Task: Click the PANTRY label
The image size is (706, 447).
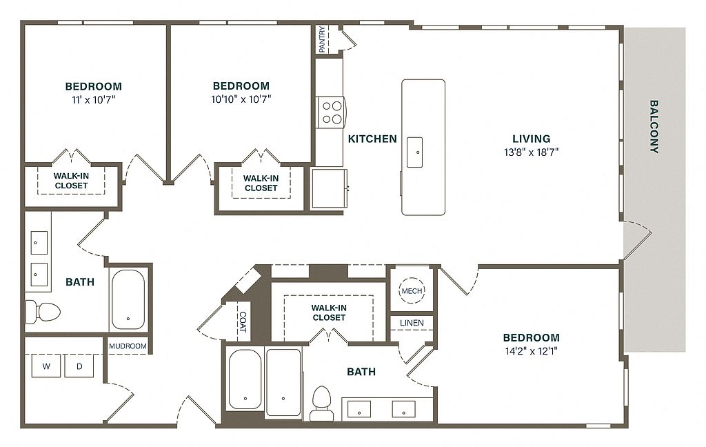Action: pyautogui.click(x=322, y=39)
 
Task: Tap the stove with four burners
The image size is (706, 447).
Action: pyautogui.click(x=331, y=112)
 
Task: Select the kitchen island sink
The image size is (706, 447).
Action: pyautogui.click(x=414, y=152)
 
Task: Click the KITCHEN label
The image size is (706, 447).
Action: pyautogui.click(x=372, y=139)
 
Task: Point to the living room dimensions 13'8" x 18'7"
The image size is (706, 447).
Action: pyautogui.click(x=532, y=152)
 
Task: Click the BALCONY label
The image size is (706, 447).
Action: pyautogui.click(x=654, y=127)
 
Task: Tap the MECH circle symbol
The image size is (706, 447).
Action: pyautogui.click(x=412, y=290)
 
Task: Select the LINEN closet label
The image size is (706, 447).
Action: pyautogui.click(x=412, y=323)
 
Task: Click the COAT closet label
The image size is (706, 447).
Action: pyautogui.click(x=243, y=322)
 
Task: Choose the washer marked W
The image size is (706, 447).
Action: pyautogui.click(x=46, y=366)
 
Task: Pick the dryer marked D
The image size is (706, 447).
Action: pyautogui.click(x=79, y=366)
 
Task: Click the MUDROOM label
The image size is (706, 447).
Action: pyautogui.click(x=128, y=346)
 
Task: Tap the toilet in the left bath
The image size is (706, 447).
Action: pyautogui.click(x=42, y=312)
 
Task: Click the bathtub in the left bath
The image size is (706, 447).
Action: pyautogui.click(x=128, y=299)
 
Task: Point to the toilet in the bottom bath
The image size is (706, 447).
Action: pyautogui.click(x=321, y=403)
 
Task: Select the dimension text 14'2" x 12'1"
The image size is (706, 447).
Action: pyautogui.click(x=532, y=351)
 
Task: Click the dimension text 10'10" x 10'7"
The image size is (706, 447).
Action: pyautogui.click(x=241, y=99)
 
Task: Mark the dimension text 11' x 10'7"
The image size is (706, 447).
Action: pyautogui.click(x=94, y=99)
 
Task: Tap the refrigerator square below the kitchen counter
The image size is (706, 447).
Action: pyautogui.click(x=329, y=188)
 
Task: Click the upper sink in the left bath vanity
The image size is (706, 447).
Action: pyautogui.click(x=39, y=243)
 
